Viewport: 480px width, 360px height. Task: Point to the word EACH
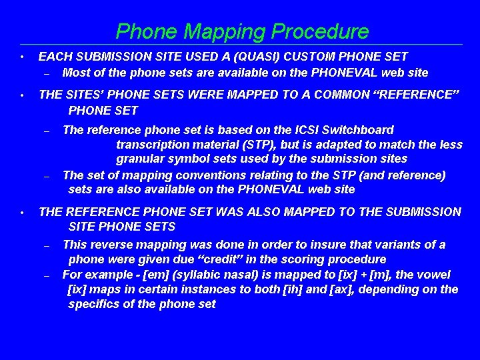[54, 57]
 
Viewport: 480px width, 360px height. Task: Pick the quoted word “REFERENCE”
[417, 95]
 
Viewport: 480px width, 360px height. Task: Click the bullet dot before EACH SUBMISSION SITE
[22, 57]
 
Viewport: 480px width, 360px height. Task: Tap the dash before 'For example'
[47, 275]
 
